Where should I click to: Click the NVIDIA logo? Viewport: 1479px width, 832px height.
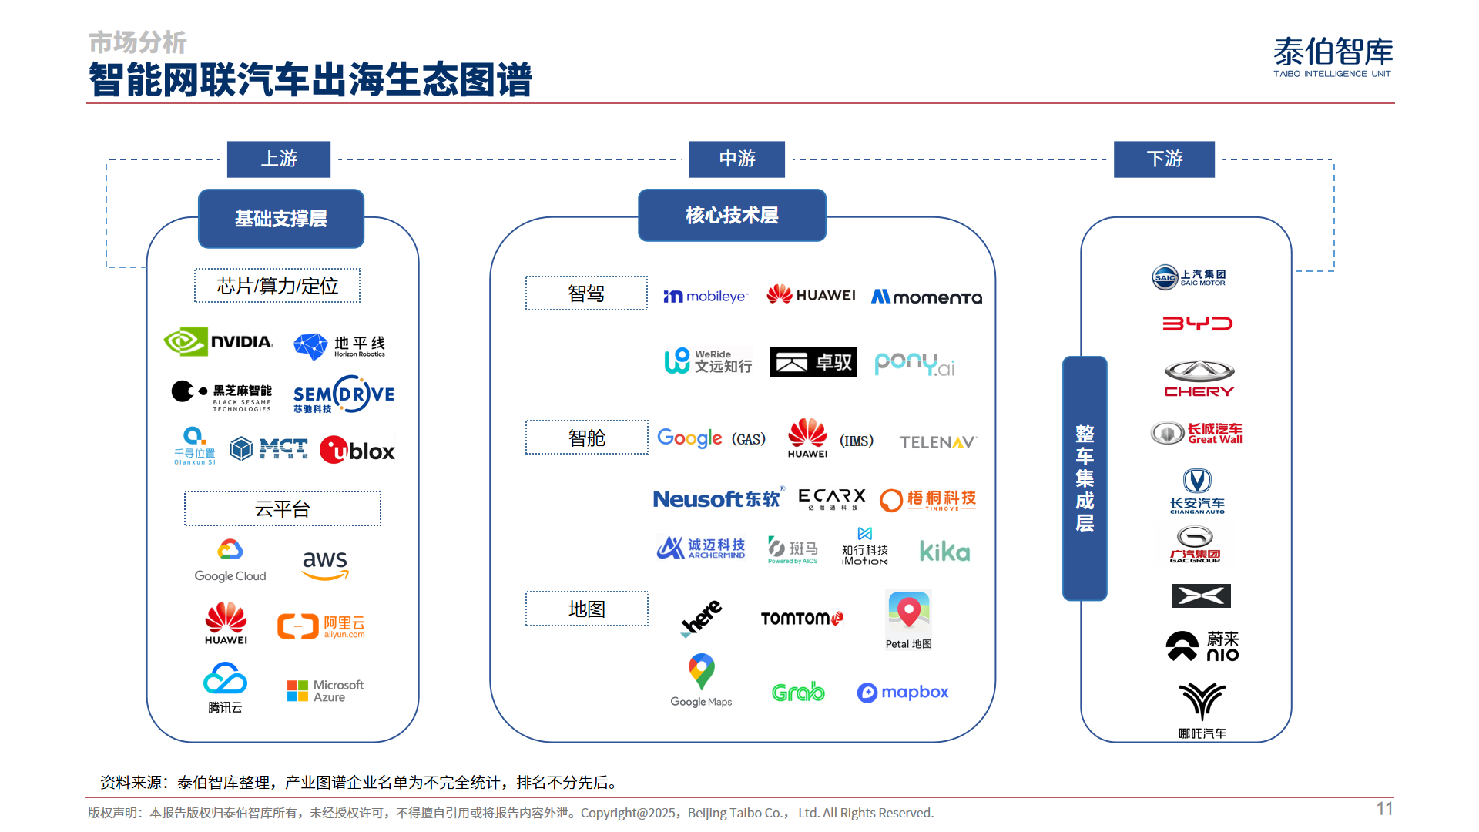coord(218,341)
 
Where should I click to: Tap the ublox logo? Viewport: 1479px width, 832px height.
coord(357,451)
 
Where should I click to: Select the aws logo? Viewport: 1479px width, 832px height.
coord(325,565)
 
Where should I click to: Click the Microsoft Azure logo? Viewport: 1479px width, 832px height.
coord(325,690)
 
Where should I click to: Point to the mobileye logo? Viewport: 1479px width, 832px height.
coord(706,297)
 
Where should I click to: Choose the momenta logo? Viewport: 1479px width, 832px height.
coord(926,297)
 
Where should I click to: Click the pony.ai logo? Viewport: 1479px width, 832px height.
coord(914,364)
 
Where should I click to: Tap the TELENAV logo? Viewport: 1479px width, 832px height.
coord(937,442)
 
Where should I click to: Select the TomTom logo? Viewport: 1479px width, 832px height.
coord(802,618)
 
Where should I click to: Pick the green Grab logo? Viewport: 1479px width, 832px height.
coord(798,692)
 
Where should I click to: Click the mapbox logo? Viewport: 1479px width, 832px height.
coord(903,693)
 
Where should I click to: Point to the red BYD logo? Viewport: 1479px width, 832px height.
coord(1197,324)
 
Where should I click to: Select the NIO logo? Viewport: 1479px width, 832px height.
coord(1202,646)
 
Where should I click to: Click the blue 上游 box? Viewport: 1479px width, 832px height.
coord(279,159)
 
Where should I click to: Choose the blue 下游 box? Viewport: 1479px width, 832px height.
coord(1164,159)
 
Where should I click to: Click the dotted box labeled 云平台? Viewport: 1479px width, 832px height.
coord(283,508)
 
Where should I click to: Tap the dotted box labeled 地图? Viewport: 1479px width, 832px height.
coord(587,609)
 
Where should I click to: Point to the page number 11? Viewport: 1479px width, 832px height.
coord(1384,808)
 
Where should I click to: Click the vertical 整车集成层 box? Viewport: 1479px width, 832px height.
coord(1085,478)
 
